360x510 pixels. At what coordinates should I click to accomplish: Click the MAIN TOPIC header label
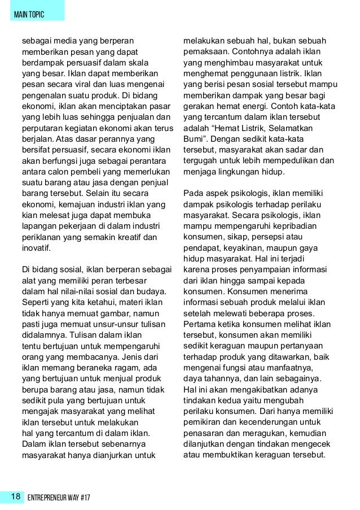[32, 13]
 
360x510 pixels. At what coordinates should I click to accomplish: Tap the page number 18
[15, 497]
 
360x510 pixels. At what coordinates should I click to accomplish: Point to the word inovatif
[36, 247]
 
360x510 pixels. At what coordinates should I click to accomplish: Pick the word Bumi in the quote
[194, 140]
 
